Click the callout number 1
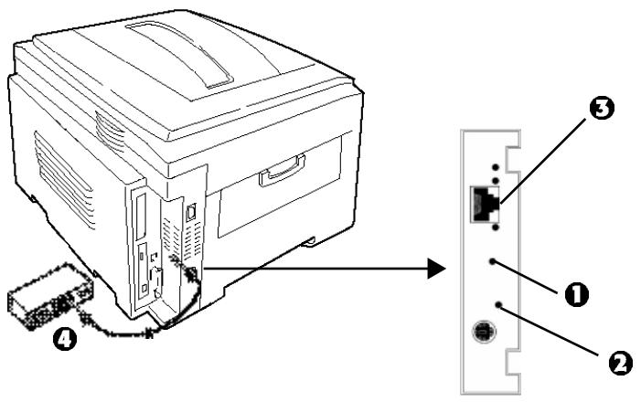click(576, 294)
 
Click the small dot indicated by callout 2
click(498, 303)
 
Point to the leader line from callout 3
click(544, 155)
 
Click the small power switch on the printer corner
click(190, 212)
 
